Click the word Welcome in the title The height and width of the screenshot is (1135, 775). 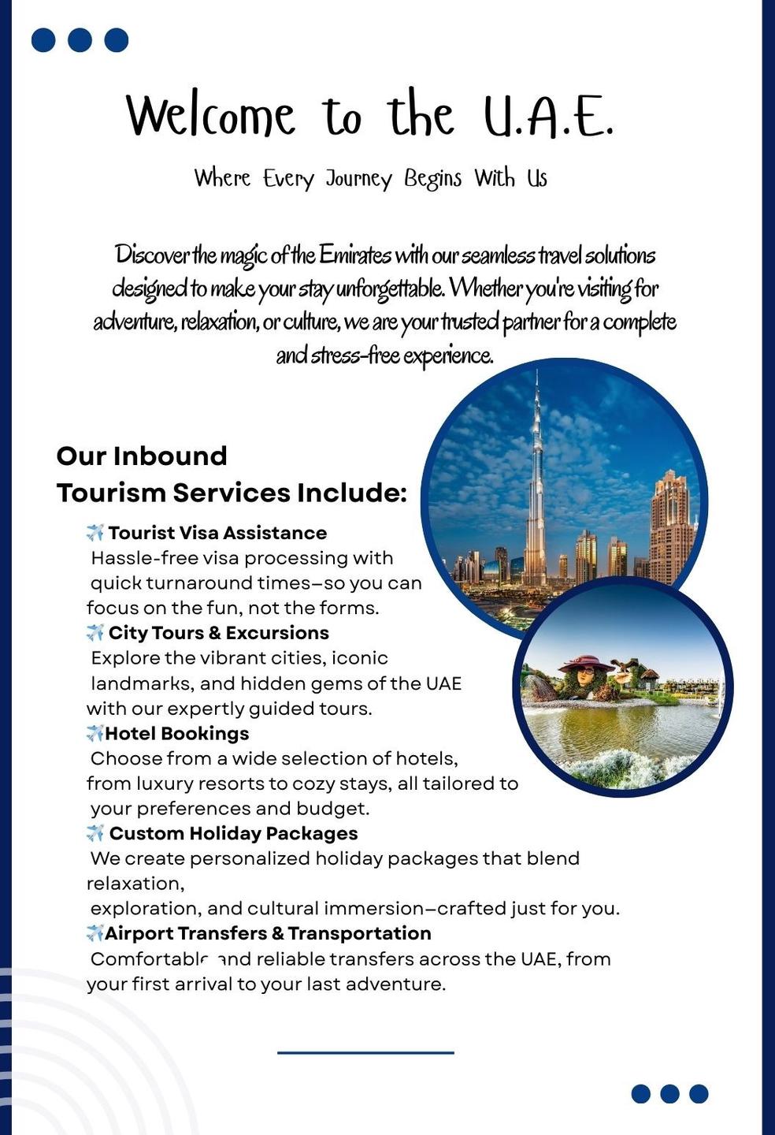pyautogui.click(x=210, y=116)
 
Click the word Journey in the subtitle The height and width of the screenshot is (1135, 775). pyautogui.click(x=358, y=179)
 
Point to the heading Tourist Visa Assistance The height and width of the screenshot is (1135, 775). pyautogui.click(x=217, y=533)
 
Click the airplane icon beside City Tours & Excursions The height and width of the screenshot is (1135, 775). pyautogui.click(x=95, y=632)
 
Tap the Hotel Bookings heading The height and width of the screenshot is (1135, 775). pyautogui.click(x=176, y=733)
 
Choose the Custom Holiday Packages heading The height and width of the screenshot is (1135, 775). pyautogui.click(x=233, y=833)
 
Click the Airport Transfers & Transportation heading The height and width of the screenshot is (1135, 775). pyautogui.click(x=268, y=933)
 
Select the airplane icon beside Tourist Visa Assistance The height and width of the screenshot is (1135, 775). pyautogui.click(x=95, y=533)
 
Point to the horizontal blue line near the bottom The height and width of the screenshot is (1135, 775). pyautogui.click(x=365, y=1051)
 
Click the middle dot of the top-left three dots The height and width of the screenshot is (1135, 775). pyautogui.click(x=80, y=39)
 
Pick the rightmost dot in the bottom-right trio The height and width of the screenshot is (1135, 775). pyautogui.click(x=699, y=1093)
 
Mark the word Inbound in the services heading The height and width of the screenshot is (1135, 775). pyautogui.click(x=169, y=456)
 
